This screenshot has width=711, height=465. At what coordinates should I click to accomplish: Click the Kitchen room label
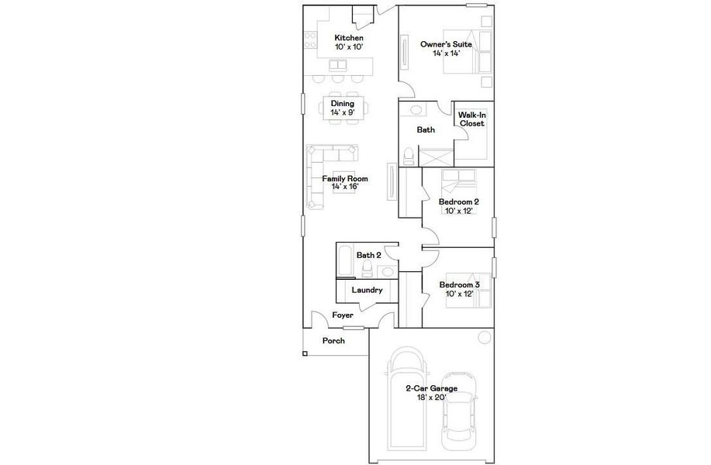pos(349,42)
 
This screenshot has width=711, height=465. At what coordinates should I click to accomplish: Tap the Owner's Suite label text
pos(446,49)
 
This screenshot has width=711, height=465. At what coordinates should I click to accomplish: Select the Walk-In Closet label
pos(471,119)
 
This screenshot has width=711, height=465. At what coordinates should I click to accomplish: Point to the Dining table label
pos(342,108)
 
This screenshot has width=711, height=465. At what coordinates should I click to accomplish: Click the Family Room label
pos(345,182)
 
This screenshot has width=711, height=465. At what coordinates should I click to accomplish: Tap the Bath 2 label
pos(368,255)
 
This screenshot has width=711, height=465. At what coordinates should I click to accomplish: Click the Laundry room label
pos(367,291)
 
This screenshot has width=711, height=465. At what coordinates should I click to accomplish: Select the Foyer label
pos(343,315)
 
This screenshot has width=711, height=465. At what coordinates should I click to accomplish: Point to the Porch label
pos(333,341)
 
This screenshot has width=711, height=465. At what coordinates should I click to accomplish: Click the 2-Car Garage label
pos(431,392)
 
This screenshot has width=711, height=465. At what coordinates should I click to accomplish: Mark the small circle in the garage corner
pos(484,337)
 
